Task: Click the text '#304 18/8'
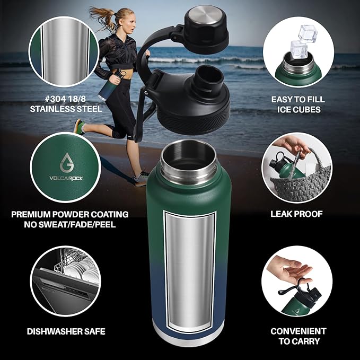64,99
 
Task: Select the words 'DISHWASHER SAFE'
66,331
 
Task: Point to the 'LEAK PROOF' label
297,214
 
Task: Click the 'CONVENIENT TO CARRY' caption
298,336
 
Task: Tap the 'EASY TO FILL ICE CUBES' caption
298,104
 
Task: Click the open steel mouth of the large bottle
189,159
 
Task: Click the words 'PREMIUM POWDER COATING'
70,214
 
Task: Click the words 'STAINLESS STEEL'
64,110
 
